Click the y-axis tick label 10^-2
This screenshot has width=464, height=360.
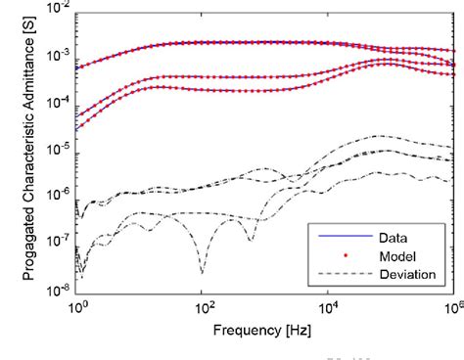(58, 10)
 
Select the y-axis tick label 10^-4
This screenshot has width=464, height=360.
(58, 103)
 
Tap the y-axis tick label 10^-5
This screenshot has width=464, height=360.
(58, 149)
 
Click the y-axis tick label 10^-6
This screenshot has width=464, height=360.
(58, 196)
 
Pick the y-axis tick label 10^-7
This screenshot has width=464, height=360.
(58, 242)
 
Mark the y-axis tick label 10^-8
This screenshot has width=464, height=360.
(58, 288)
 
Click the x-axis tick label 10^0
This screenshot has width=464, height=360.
(77, 304)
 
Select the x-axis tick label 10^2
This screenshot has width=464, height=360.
(203, 304)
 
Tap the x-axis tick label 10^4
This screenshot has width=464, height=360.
(329, 304)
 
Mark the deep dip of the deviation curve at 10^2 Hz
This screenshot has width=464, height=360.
(202, 271)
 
